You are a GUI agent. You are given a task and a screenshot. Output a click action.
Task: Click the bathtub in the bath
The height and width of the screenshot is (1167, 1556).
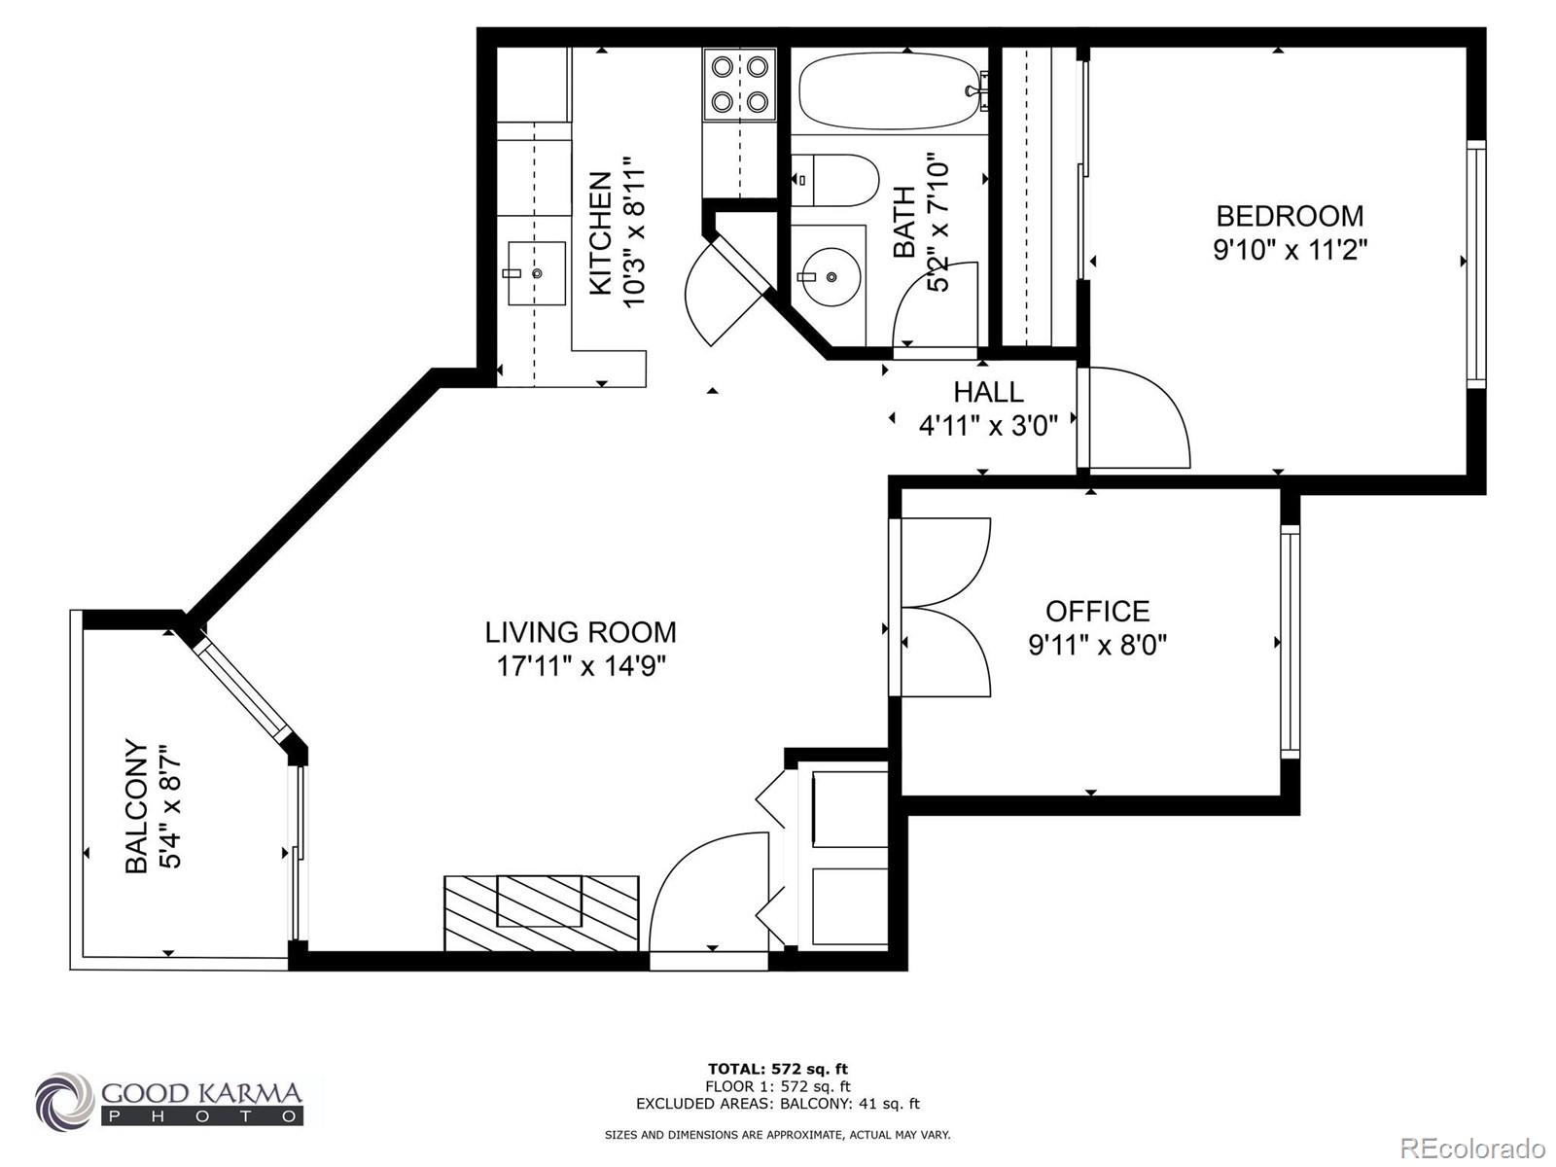[x=890, y=92]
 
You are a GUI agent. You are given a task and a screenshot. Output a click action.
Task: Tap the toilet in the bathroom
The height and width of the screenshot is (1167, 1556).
[x=834, y=180]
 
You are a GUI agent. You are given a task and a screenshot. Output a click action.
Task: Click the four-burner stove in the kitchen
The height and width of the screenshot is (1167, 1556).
[x=739, y=84]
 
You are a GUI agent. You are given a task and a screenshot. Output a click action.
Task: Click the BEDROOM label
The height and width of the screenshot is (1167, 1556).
[x=1290, y=215]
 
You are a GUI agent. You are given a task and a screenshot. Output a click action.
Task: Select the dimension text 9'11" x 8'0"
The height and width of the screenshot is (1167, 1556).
[x=1097, y=645]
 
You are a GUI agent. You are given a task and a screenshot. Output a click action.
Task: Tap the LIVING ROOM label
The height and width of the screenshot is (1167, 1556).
[x=581, y=632]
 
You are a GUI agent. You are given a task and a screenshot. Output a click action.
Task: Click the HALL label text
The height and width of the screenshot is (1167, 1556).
[x=988, y=392]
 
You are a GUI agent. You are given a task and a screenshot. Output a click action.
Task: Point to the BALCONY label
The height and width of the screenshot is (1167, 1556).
[x=137, y=807]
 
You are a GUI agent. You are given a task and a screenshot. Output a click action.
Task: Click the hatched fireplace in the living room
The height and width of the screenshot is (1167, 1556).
[x=542, y=912]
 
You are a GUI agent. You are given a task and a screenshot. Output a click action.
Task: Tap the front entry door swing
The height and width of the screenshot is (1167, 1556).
[x=705, y=890]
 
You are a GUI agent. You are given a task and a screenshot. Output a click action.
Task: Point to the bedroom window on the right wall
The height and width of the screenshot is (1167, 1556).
[x=1476, y=264]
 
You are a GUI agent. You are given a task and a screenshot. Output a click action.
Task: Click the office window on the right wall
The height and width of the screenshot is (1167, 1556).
[x=1290, y=642]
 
